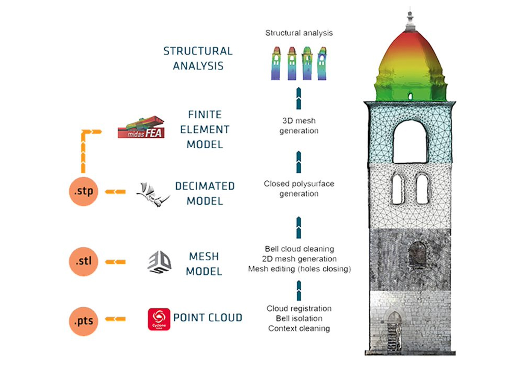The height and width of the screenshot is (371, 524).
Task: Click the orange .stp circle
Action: point(84,191)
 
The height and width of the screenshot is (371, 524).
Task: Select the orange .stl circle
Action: point(84,261)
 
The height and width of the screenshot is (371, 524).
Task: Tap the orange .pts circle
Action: point(84,321)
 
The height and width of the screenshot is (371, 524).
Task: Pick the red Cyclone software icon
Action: point(159,319)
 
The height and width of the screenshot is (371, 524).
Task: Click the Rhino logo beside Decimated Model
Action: point(153,194)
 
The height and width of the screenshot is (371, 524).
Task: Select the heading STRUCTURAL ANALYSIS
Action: point(198,58)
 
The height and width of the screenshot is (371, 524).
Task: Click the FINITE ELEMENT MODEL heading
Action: point(205,129)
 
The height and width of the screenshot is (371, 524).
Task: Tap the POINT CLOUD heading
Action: point(208,318)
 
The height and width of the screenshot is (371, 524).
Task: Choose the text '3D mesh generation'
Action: point(299,126)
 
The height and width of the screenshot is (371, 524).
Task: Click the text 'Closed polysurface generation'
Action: point(299,188)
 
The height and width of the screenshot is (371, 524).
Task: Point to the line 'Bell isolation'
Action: point(299,318)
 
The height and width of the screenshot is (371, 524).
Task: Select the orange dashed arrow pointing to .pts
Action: point(116,319)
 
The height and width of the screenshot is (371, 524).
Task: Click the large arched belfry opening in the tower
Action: point(410,142)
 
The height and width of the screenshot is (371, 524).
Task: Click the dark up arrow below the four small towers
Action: point(299,98)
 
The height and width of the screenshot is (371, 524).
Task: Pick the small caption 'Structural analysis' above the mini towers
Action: point(299,33)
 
